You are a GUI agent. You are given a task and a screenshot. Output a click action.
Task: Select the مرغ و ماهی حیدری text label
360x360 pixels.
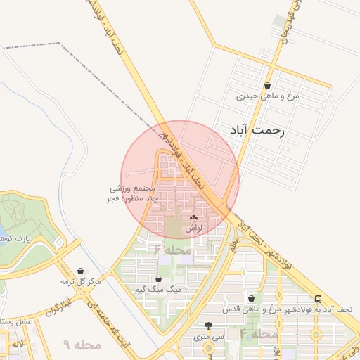pos(268,96)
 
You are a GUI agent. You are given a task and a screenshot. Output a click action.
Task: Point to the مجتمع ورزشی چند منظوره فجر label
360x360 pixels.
pos(135,194)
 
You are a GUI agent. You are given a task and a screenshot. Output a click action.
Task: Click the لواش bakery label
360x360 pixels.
pos(194,229)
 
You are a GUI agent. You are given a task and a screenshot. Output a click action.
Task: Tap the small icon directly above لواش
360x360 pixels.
pos(194,218)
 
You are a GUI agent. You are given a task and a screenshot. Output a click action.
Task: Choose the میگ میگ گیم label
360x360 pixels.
pos(158,289)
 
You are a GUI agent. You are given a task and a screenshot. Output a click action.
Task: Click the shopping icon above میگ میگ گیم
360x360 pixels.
pos(158,278)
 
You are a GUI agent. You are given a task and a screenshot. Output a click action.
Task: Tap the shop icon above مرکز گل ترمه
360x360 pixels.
pos(81,271)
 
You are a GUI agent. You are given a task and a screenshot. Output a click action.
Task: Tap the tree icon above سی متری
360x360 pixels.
pos(208,326)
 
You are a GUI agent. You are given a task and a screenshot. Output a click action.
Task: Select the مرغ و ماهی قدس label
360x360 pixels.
pos(251,309)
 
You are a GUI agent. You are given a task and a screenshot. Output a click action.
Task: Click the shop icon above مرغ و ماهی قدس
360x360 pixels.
pos(251,298)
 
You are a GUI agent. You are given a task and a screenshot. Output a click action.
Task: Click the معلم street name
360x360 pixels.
pos(233,244)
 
